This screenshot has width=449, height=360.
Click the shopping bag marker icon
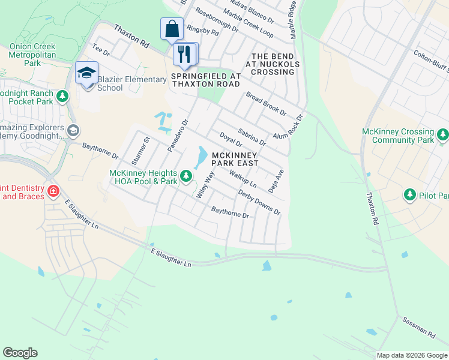pyautogui.click(x=172, y=28)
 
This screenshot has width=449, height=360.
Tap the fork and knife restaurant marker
pyautogui.click(x=184, y=54)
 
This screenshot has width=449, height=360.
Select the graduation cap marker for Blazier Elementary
pyautogui.click(x=86, y=73)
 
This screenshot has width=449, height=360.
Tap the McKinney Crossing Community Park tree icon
pyautogui.click(x=442, y=134)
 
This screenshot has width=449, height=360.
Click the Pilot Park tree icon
pyautogui.click(x=410, y=195)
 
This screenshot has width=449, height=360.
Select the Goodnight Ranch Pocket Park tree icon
pyautogui.click(x=62, y=96)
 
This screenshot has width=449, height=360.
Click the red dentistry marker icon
pyautogui.click(x=53, y=191)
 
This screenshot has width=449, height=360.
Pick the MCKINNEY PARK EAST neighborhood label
pyautogui.click(x=235, y=158)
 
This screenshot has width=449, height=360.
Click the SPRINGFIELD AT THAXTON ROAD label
pyautogui.click(x=206, y=80)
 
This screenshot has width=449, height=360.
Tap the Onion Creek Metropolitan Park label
pyautogui.click(x=32, y=55)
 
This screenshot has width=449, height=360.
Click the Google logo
pyautogui.click(x=20, y=353)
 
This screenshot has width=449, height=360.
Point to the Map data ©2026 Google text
pyautogui.click(x=411, y=355)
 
